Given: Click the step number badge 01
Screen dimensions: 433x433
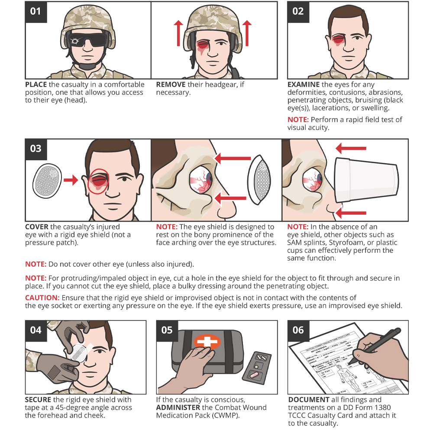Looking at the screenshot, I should (36, 11).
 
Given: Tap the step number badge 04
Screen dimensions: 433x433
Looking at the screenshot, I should (36, 330).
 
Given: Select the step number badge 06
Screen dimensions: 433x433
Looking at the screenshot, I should (298, 330).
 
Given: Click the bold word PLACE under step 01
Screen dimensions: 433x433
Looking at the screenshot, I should (36, 85).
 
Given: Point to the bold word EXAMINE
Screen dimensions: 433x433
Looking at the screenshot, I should (304, 85).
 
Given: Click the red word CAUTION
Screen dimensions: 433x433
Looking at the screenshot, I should (42, 298).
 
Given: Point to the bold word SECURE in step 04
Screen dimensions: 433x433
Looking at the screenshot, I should (38, 400).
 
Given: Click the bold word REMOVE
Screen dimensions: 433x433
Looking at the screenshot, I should (171, 85).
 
